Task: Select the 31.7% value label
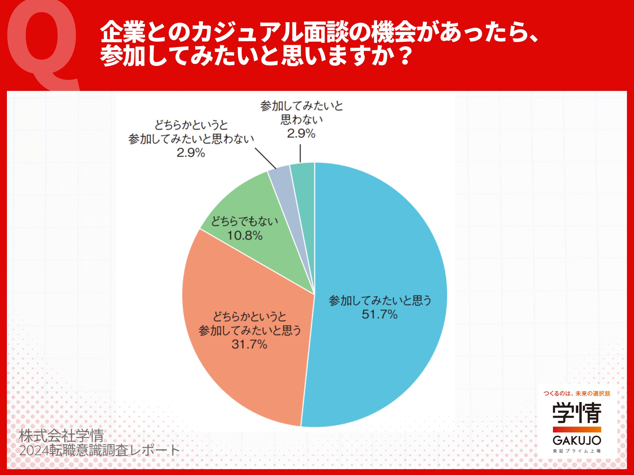249,344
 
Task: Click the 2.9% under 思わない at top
301,133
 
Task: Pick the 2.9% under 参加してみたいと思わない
191,153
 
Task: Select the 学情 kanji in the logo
577,413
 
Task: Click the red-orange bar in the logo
577,429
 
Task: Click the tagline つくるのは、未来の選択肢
577,393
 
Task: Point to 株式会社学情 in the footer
61,436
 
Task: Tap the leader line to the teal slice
300,153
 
